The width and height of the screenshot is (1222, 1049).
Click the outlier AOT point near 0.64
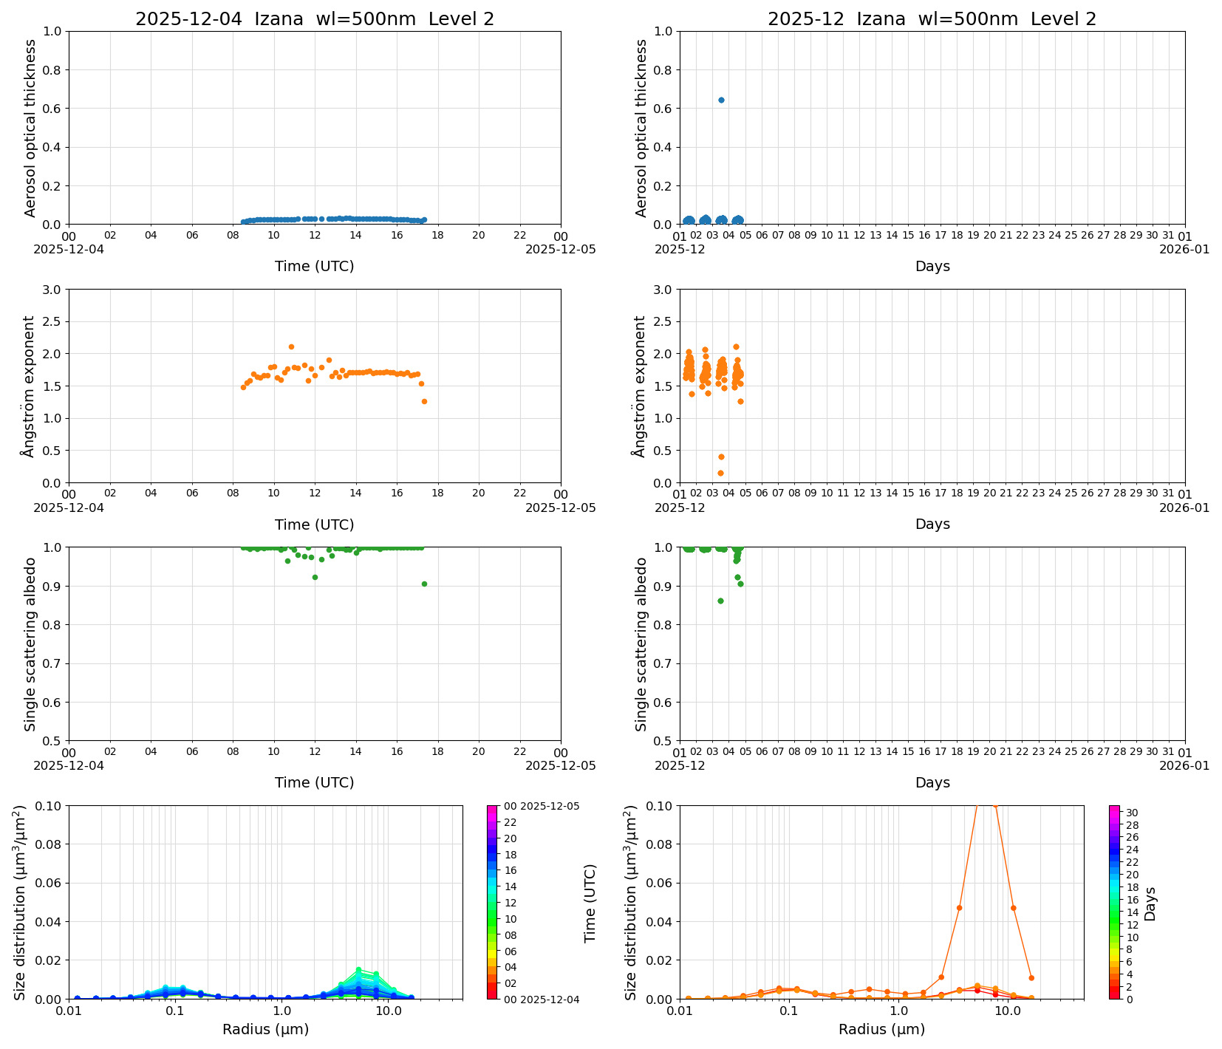point(721,100)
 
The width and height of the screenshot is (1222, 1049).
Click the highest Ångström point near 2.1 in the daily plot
point(291,346)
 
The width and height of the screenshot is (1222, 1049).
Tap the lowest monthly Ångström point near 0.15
point(720,473)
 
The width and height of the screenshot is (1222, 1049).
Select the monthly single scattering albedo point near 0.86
point(720,601)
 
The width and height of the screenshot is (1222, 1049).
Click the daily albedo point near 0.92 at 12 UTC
point(315,577)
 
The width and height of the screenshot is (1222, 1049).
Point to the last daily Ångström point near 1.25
point(424,401)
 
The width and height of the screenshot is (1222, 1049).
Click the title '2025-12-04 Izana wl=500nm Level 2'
point(315,19)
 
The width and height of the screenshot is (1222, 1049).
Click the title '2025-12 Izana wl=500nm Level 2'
point(932,19)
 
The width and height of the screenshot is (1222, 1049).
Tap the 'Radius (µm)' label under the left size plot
point(265,1029)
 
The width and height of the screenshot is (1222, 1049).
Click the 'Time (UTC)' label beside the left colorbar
point(590,903)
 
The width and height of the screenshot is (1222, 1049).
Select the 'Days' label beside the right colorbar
point(1150,903)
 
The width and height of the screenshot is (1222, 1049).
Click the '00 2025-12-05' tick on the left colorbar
point(541,806)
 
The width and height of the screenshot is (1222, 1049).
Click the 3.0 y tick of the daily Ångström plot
point(52,290)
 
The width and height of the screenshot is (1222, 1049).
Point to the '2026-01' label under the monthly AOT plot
point(1184,249)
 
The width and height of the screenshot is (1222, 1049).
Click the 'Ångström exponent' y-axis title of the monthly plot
point(640,386)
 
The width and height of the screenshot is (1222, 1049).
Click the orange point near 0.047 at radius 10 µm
point(1013,908)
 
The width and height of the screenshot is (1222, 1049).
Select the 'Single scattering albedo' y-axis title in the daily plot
point(30,644)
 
